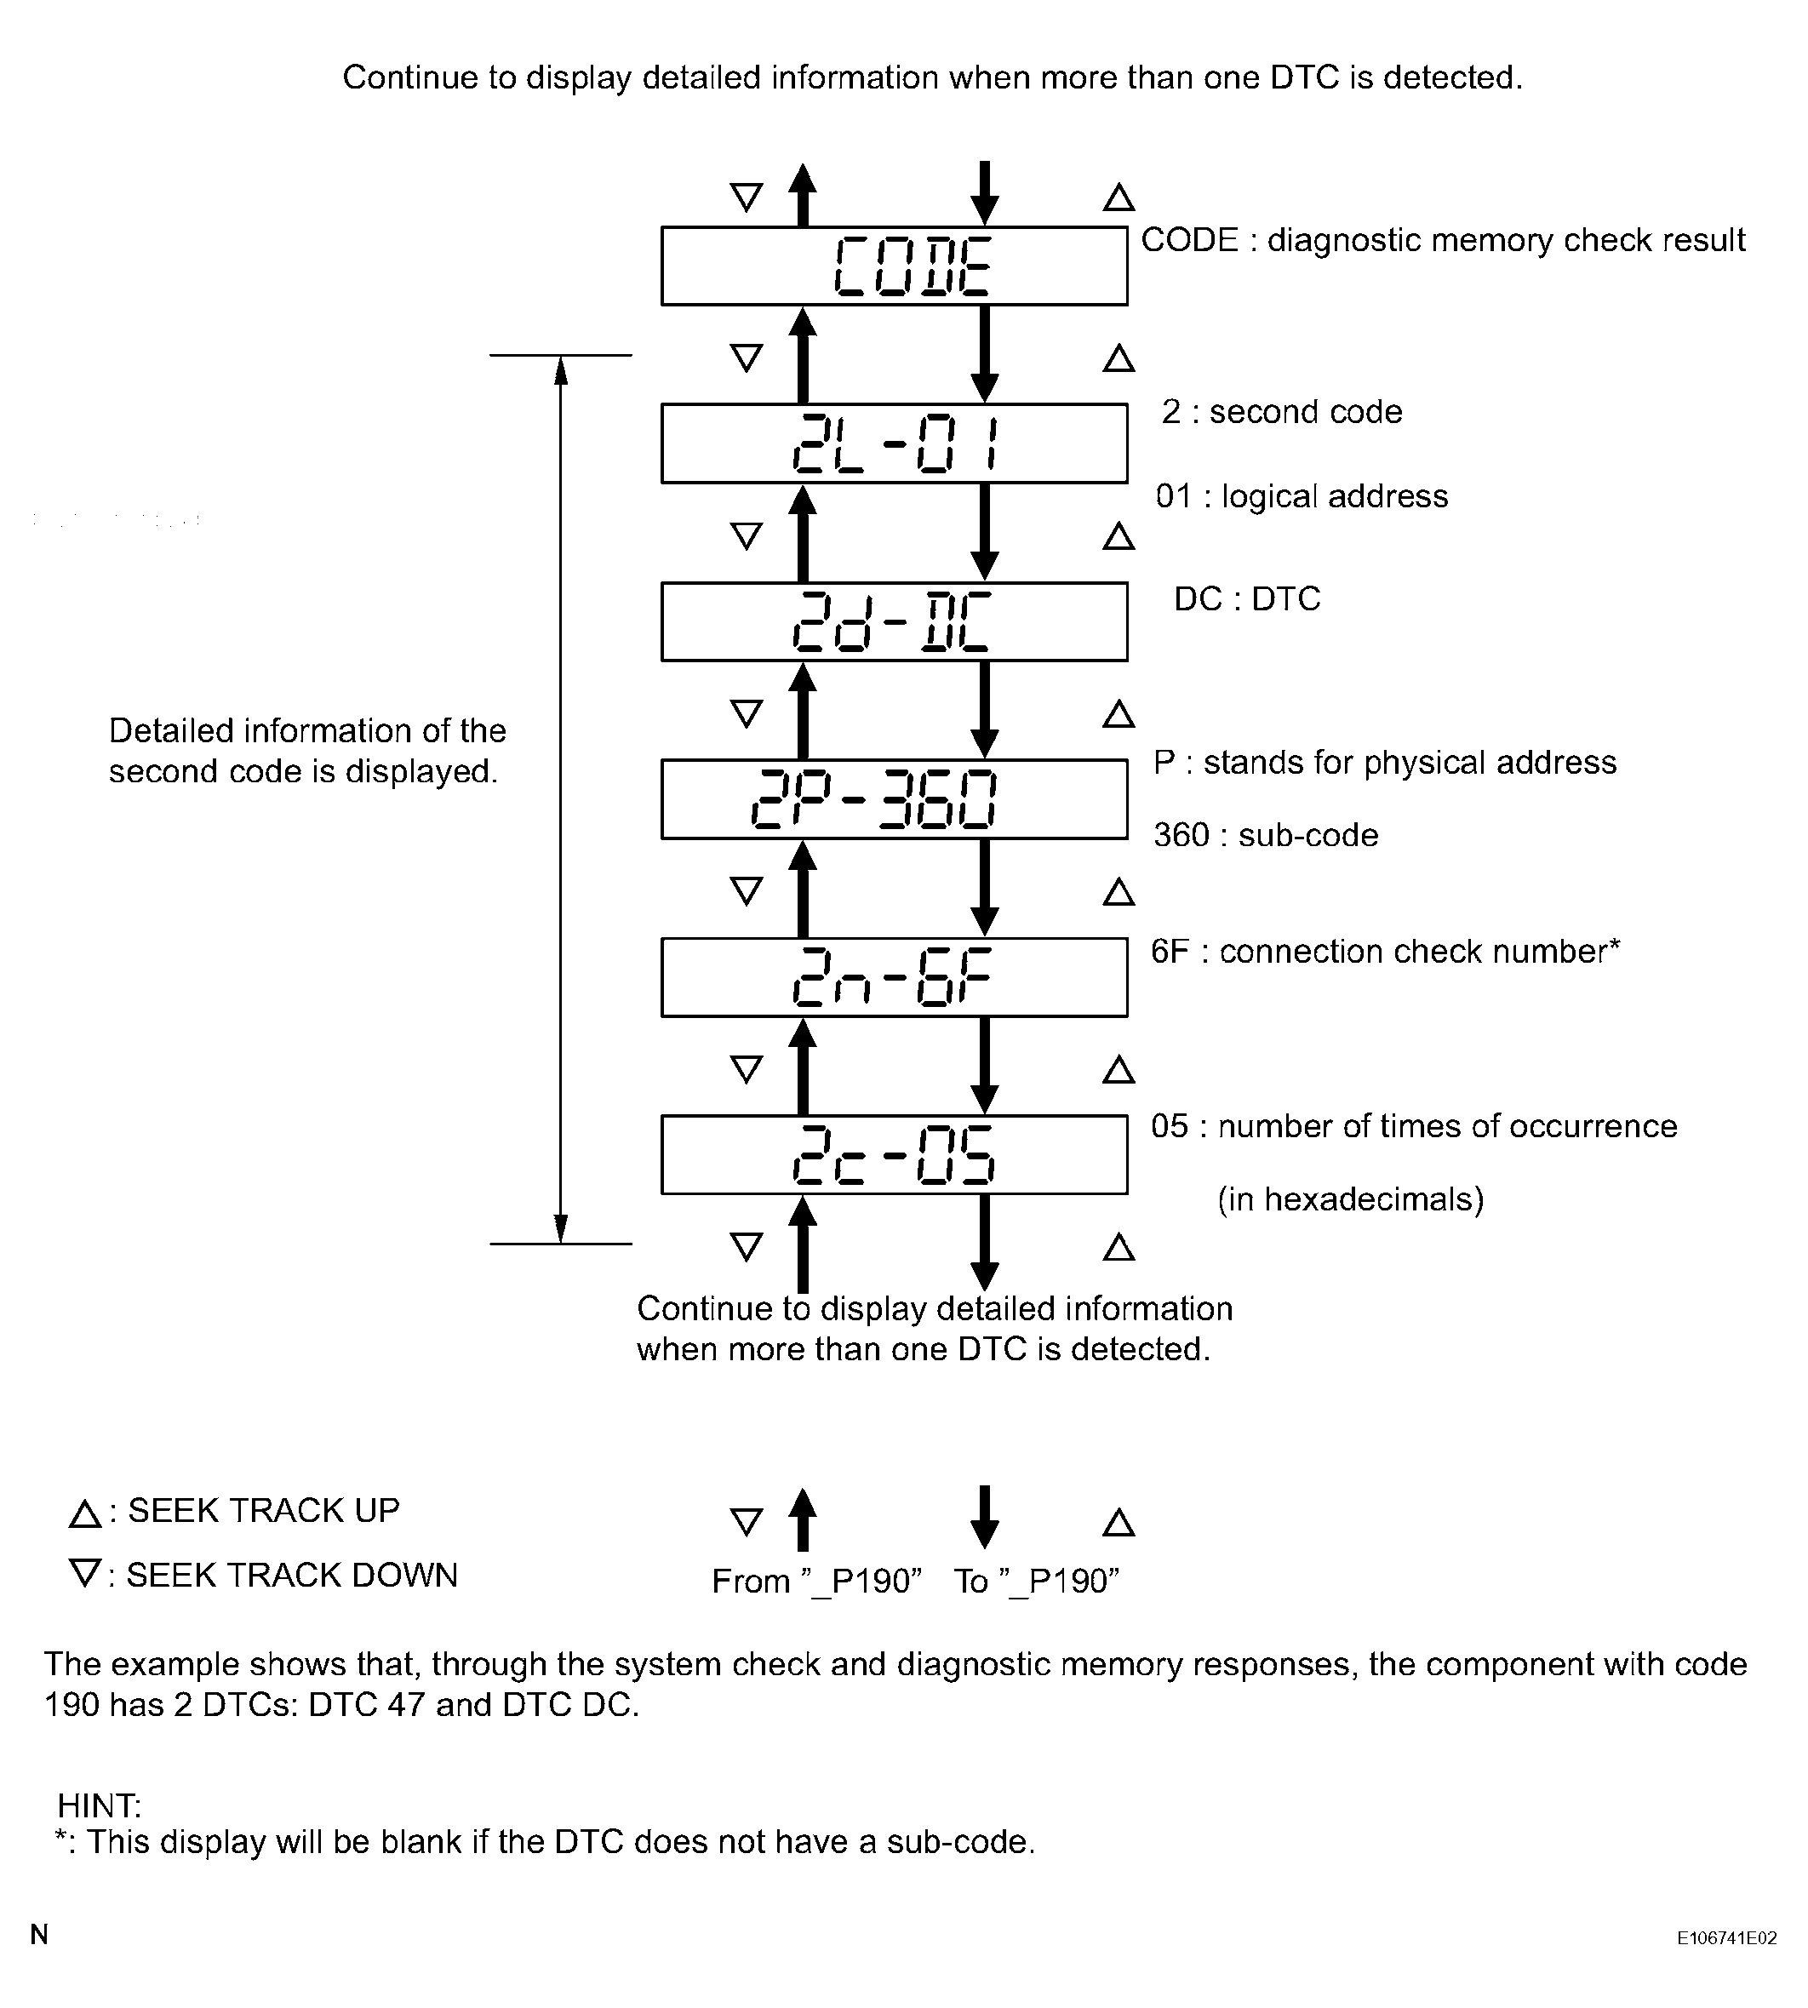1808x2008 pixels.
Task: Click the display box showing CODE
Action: [894, 266]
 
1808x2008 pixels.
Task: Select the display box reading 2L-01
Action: [894, 444]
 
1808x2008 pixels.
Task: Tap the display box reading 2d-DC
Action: [894, 622]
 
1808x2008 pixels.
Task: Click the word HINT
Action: [100, 1805]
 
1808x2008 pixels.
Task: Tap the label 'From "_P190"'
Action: [816, 1582]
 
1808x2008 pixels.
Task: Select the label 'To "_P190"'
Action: [1036, 1582]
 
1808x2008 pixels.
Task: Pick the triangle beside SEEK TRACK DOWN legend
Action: [85, 1574]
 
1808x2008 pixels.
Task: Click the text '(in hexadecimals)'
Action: [1350, 1200]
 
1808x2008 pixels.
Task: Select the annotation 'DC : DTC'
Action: [1247, 599]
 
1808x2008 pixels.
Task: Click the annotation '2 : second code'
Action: [1281, 412]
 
